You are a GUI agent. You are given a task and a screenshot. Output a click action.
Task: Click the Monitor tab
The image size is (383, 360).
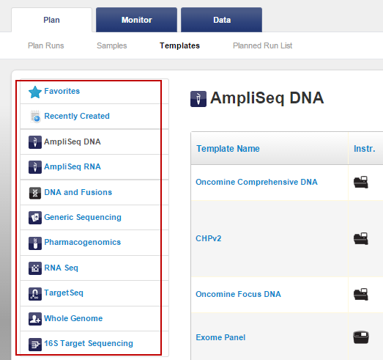tap(136, 20)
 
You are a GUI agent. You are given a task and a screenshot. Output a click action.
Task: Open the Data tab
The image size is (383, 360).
tap(222, 20)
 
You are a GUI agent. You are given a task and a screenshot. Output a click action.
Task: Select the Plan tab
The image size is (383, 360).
tap(51, 20)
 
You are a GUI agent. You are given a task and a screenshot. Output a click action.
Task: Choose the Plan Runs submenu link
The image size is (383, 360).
tap(46, 45)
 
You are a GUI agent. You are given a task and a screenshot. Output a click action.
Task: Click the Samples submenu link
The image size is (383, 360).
tap(112, 45)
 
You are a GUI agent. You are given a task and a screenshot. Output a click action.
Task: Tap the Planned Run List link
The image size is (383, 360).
tap(263, 45)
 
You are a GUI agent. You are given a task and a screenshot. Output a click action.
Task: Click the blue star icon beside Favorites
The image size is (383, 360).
tap(35, 92)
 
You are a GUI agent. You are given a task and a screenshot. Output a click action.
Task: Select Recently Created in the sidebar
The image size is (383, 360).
tap(77, 116)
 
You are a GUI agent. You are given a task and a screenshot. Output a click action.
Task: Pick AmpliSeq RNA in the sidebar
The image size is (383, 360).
tap(72, 166)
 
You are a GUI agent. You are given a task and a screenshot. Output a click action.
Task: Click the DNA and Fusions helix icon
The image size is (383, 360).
tap(35, 193)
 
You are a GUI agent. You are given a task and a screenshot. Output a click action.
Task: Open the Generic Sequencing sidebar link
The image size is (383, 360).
tap(83, 217)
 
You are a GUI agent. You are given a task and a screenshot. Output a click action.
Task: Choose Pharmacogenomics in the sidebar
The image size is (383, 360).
tap(82, 242)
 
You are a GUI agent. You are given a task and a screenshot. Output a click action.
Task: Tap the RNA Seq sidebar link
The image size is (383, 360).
tap(61, 268)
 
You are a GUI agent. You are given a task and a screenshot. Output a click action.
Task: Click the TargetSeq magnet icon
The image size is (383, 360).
tap(35, 293)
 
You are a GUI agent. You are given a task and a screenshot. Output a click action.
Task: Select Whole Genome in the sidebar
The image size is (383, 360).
tap(73, 318)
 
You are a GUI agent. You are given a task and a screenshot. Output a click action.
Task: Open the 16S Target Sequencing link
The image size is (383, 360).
tap(89, 343)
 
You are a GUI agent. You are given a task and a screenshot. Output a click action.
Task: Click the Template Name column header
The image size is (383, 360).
tap(228, 148)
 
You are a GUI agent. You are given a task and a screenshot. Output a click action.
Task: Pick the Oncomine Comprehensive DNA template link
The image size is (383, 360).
tap(256, 182)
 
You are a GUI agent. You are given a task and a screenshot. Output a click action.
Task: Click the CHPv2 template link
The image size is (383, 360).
tap(209, 238)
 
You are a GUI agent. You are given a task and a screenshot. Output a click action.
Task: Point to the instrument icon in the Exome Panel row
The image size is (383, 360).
tap(361, 337)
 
